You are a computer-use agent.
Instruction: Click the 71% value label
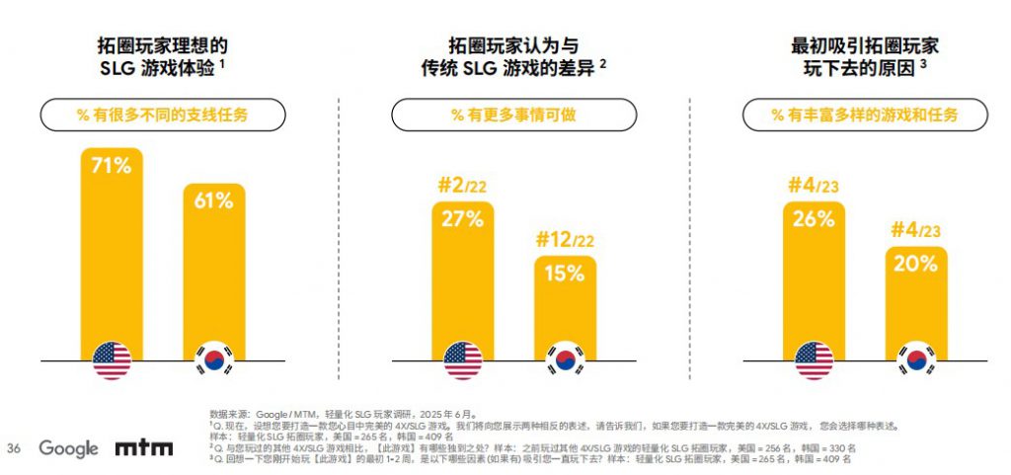click(111, 165)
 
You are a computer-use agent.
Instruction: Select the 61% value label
click(213, 200)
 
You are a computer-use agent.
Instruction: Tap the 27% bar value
click(462, 219)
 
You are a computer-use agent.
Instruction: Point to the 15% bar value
click(565, 274)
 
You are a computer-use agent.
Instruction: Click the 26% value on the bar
click(813, 219)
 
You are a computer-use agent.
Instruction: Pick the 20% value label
click(915, 263)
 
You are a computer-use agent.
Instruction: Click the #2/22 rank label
click(462, 185)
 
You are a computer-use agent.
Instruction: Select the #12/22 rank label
click(565, 240)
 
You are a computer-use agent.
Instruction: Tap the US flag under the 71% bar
click(112, 360)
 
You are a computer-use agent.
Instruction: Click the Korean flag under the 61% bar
click(214, 360)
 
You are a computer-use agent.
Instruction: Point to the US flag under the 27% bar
click(463, 360)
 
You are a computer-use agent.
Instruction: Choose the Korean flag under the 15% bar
click(565, 360)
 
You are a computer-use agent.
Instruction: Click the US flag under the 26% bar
click(814, 360)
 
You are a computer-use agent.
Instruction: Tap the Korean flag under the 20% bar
click(916, 360)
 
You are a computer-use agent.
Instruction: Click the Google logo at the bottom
click(68, 448)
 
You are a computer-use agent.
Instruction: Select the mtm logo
click(144, 448)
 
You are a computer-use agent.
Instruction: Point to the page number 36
click(15, 448)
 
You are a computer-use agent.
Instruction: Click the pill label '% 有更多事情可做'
click(513, 115)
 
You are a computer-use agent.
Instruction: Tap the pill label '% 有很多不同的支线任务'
click(163, 115)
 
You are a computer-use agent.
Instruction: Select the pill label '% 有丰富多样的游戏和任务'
click(865, 115)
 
